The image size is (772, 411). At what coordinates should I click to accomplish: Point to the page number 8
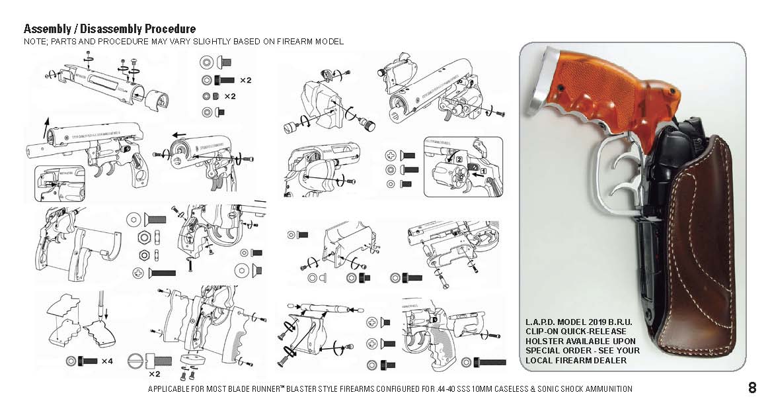752,388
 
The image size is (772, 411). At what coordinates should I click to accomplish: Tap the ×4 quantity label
106,361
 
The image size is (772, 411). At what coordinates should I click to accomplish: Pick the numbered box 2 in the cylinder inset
457,160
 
